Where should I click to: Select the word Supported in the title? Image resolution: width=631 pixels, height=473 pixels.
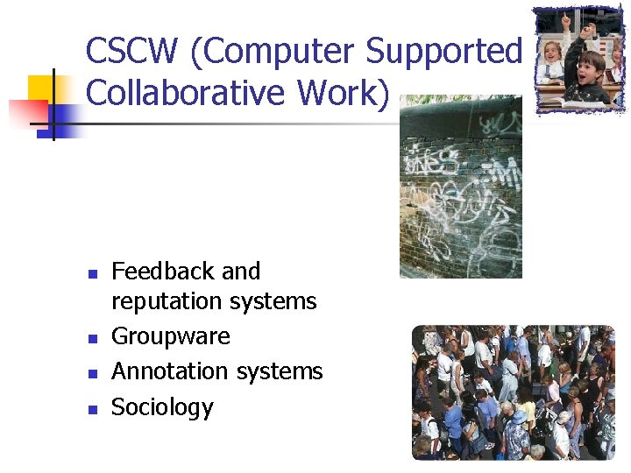[443, 52]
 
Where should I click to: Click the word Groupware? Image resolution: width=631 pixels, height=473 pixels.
[171, 337]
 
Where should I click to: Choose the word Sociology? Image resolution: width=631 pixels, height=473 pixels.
[162, 407]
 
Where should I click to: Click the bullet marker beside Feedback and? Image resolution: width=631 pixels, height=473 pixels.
[92, 273]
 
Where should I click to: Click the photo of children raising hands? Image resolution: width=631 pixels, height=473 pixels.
[579, 60]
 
